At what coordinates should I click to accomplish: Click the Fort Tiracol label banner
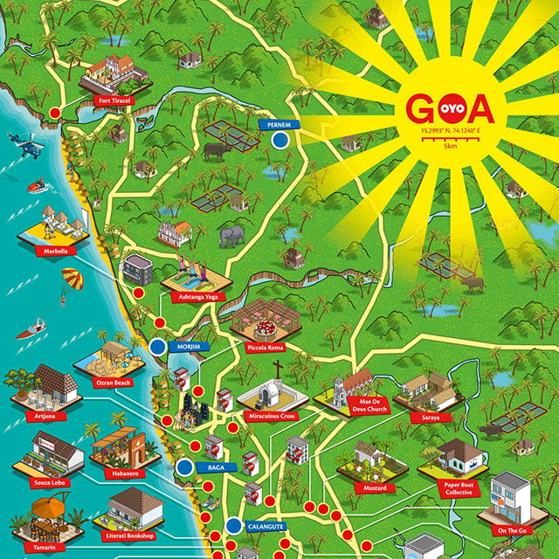[115, 100]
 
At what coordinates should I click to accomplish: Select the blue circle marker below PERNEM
[280, 140]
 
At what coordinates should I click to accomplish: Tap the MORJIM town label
[190, 347]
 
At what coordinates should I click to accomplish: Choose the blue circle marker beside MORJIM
[158, 347]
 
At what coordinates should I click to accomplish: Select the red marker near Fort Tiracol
[55, 113]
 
